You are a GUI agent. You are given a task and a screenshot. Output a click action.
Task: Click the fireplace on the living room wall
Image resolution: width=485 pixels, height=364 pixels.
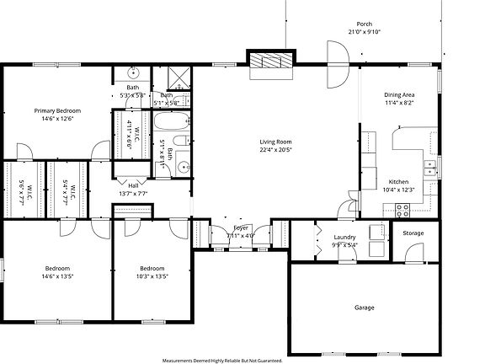(x=270, y=61)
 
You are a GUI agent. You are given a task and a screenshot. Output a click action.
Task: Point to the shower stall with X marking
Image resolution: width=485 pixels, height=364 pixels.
(x=179, y=79)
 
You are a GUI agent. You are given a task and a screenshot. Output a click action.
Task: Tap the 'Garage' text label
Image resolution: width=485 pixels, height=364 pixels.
(x=365, y=307)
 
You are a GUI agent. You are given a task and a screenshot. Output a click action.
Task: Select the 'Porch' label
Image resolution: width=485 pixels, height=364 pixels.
(x=365, y=24)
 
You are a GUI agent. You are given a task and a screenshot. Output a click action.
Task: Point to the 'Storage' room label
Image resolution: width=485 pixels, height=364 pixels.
(x=413, y=233)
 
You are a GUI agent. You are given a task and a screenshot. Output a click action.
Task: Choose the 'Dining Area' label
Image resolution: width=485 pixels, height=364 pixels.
(x=400, y=94)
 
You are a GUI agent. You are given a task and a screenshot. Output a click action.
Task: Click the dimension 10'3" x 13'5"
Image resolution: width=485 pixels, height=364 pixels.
(x=152, y=276)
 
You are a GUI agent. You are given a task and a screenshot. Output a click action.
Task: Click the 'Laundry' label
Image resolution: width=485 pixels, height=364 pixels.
(x=345, y=238)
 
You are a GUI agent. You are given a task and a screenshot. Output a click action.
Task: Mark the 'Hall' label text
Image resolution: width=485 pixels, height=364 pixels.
(x=133, y=185)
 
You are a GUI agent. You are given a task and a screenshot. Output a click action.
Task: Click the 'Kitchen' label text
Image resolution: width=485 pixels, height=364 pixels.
(x=398, y=181)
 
